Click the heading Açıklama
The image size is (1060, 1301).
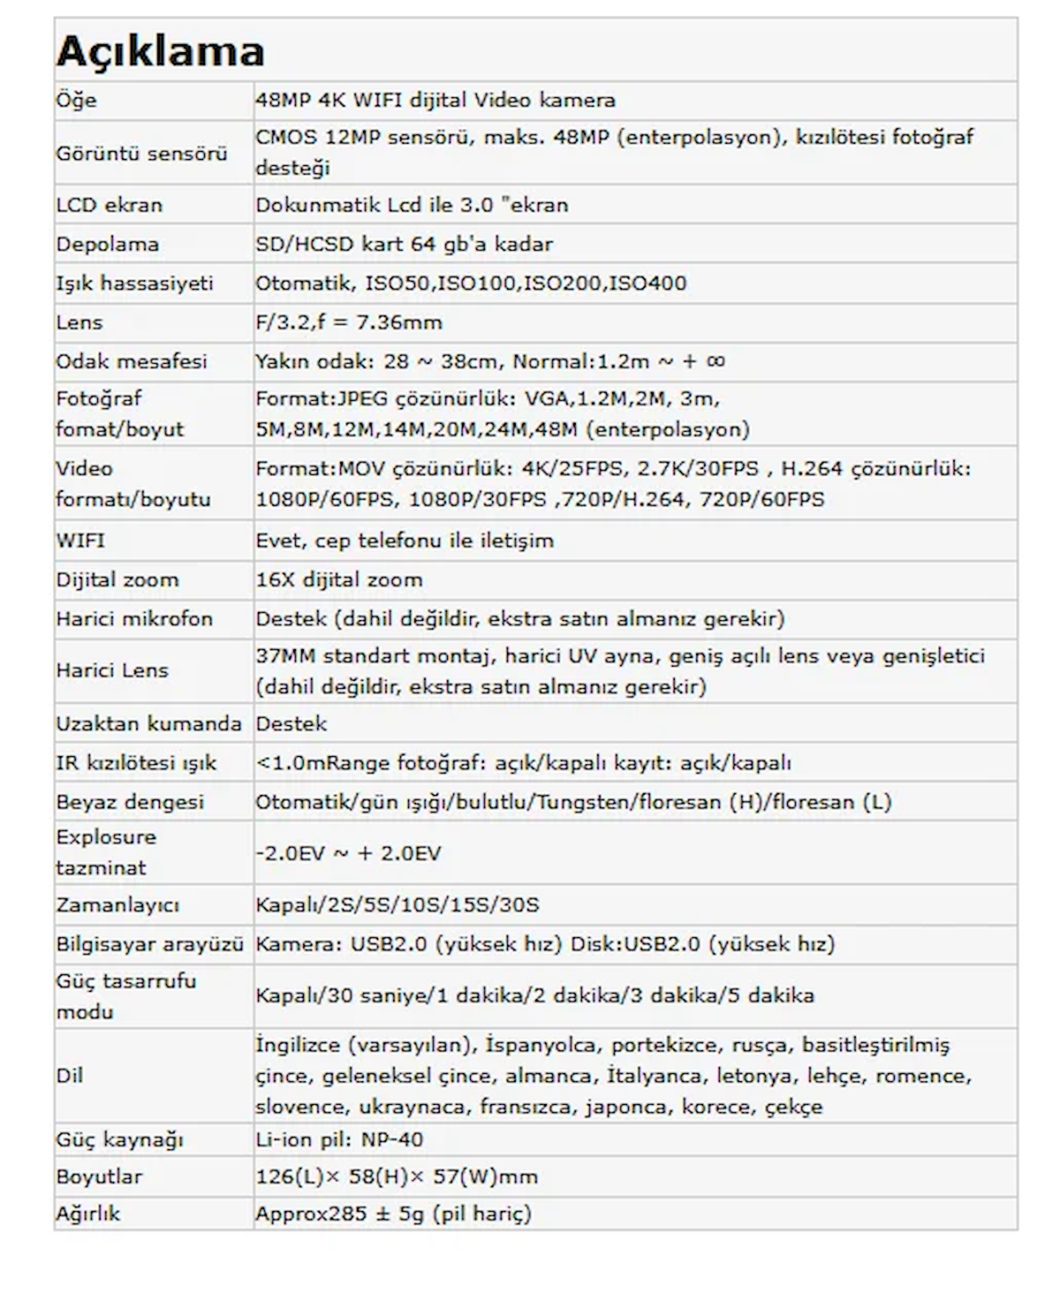point(160,51)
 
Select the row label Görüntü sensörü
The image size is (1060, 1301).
point(141,153)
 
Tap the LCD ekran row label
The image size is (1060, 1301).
point(109,205)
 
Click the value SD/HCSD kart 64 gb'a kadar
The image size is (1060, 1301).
point(404,244)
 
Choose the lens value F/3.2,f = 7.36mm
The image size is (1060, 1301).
point(348,322)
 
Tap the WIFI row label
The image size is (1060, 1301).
point(79,540)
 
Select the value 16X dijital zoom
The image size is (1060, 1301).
point(338,579)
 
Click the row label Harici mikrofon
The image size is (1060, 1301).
point(134,618)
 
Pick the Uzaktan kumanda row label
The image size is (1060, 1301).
point(148,723)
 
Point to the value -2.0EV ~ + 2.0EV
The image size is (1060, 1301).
point(348,853)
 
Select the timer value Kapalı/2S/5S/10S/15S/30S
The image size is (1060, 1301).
point(397,905)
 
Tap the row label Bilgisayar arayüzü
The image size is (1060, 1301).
point(149,944)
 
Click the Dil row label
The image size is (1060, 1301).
point(69,1076)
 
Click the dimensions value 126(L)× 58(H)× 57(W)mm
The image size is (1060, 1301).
point(396,1176)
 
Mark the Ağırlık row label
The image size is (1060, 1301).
point(87,1214)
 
